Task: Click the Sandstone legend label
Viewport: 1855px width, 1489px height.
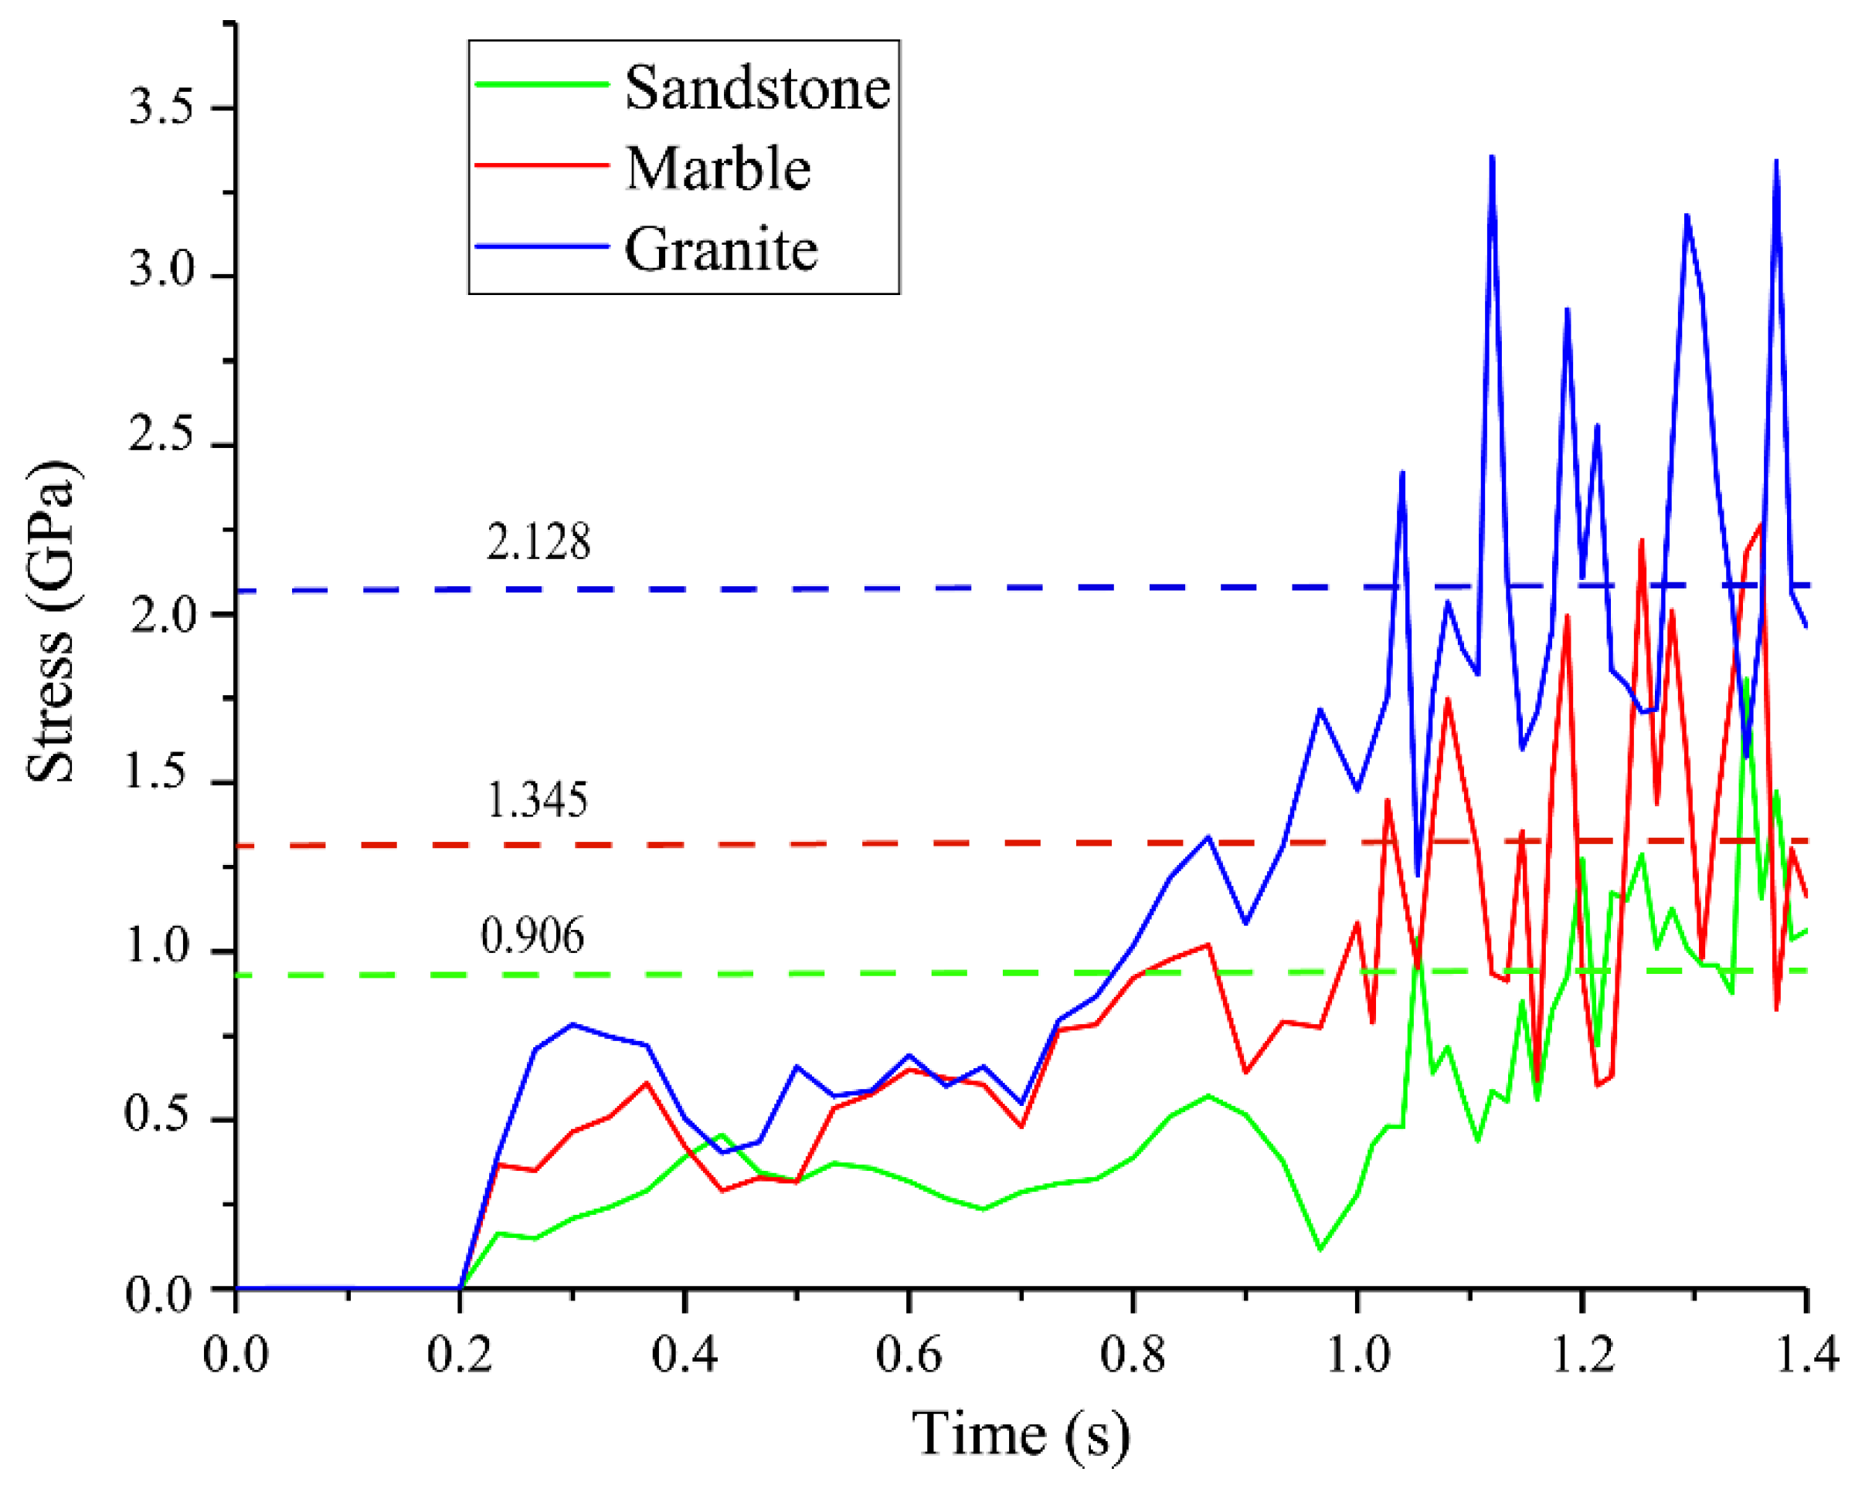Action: (756, 88)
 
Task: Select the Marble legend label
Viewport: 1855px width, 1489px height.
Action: (719, 168)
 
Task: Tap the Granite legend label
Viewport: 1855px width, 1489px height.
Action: (721, 249)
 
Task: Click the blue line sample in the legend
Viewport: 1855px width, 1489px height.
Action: (542, 247)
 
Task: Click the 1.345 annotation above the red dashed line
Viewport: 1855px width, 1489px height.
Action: (538, 801)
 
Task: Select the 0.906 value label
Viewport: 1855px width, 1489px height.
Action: (532, 936)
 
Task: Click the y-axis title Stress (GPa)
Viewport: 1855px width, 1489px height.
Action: (52, 621)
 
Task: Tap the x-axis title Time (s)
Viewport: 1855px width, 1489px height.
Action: (1021, 1433)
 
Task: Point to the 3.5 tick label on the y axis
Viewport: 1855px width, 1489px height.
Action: (161, 108)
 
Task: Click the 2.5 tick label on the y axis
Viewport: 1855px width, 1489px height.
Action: (161, 436)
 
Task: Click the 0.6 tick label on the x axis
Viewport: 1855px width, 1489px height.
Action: (909, 1355)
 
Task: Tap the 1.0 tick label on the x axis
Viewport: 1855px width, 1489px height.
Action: (1357, 1355)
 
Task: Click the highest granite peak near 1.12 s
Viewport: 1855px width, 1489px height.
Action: (1492, 158)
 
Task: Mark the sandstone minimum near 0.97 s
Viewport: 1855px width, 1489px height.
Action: (1320, 1249)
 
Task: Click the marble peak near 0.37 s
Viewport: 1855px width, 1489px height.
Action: (647, 1083)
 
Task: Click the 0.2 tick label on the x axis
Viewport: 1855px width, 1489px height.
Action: (460, 1355)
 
